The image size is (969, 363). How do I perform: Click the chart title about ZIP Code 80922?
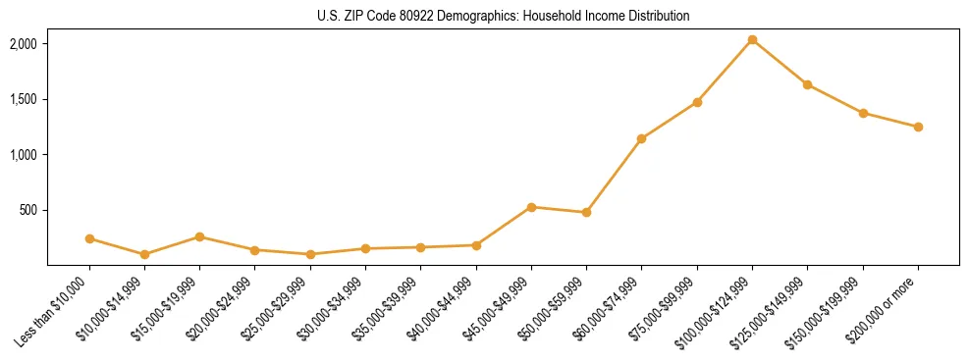[x=503, y=17]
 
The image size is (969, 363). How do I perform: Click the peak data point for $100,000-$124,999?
[x=752, y=40]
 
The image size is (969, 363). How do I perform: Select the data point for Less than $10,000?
[x=89, y=238]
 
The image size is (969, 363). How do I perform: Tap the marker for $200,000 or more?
[x=918, y=127]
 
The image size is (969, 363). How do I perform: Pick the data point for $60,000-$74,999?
[x=641, y=138]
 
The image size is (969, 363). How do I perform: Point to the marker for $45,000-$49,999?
[x=531, y=207]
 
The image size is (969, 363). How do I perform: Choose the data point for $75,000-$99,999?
[x=697, y=102]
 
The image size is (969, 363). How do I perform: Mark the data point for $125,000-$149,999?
[x=807, y=84]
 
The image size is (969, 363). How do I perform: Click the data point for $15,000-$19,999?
[x=199, y=236]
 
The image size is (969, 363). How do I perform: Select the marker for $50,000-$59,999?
[x=586, y=212]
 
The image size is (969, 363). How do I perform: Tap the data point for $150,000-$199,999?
[x=863, y=113]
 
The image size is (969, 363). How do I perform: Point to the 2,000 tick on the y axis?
[x=24, y=44]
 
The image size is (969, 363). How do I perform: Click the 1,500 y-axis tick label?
[x=24, y=99]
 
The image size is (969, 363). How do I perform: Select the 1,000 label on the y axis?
[x=24, y=155]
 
